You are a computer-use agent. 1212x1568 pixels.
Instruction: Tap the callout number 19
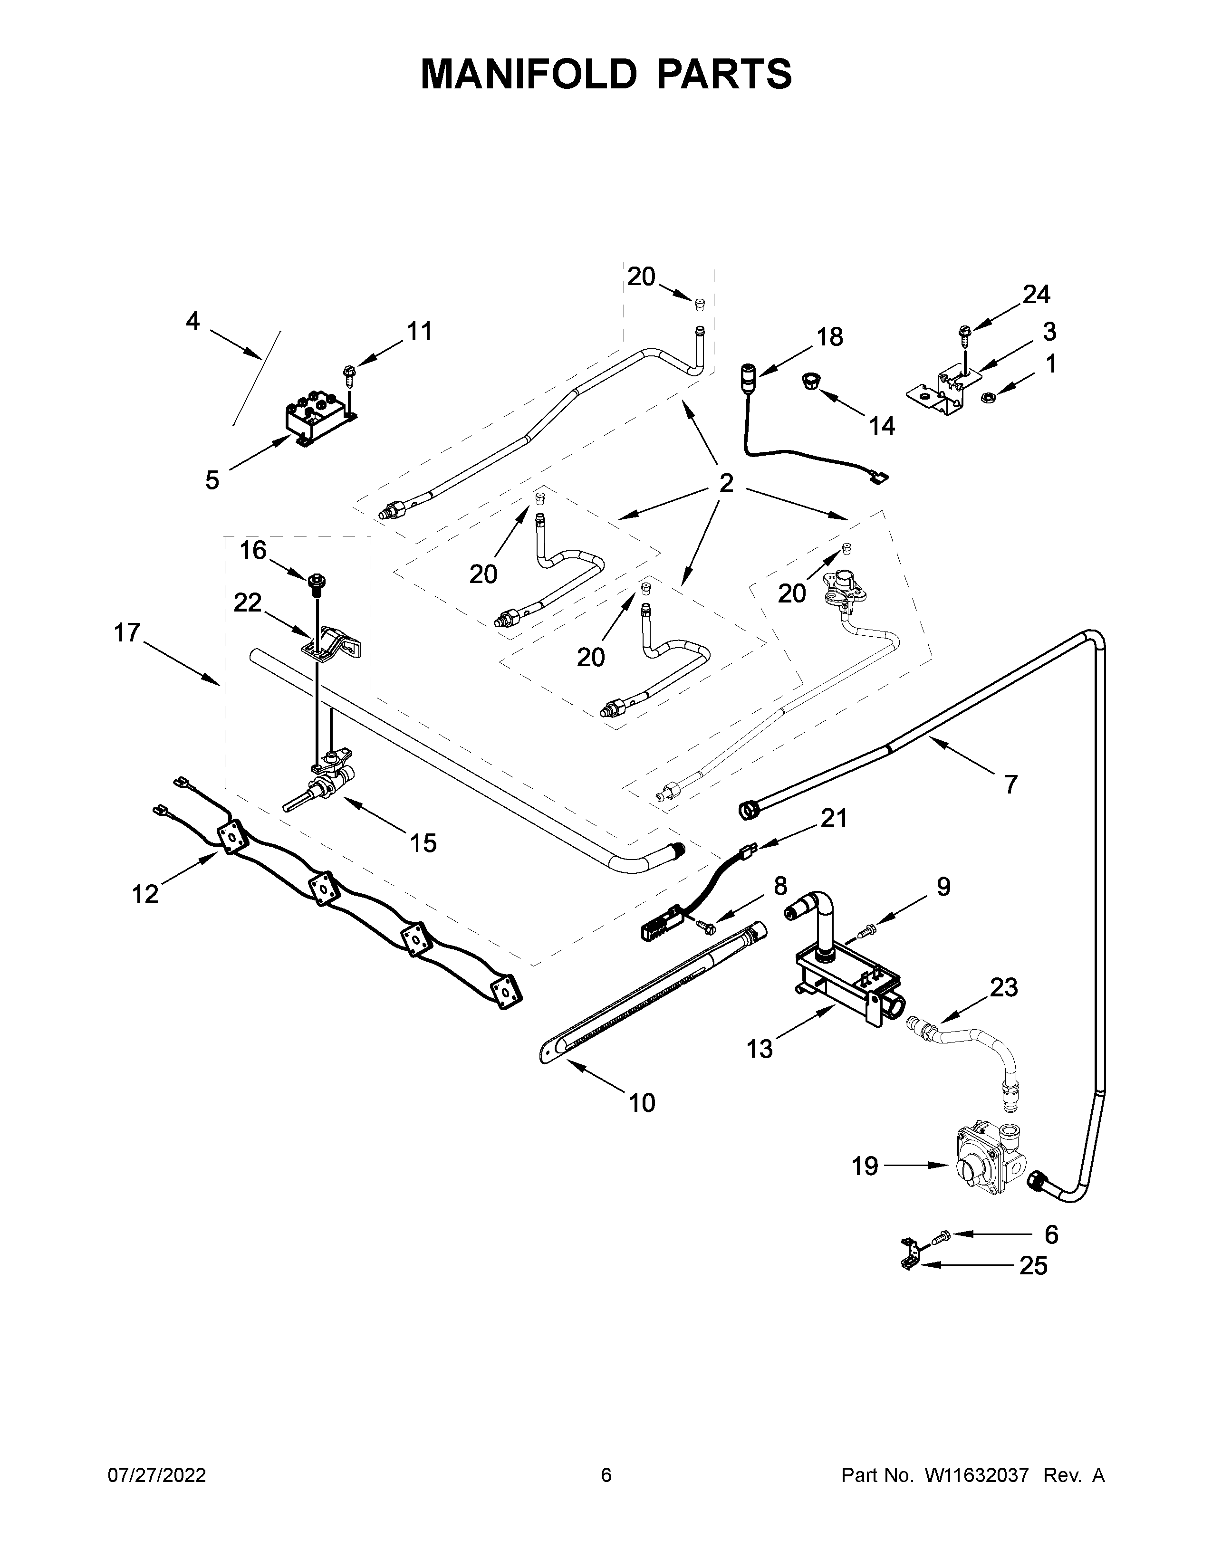point(865,1166)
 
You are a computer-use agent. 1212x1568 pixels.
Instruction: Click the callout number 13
point(760,1050)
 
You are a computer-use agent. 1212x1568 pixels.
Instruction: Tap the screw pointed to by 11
point(350,373)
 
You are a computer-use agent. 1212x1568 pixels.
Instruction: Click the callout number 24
point(1036,295)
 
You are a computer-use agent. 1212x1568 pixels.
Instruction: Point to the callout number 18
point(830,337)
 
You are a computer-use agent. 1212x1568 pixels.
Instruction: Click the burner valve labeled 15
point(323,786)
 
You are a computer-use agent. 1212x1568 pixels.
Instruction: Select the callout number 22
point(247,603)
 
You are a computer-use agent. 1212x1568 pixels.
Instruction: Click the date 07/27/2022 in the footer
point(156,1475)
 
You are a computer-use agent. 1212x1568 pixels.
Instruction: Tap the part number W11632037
point(977,1475)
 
